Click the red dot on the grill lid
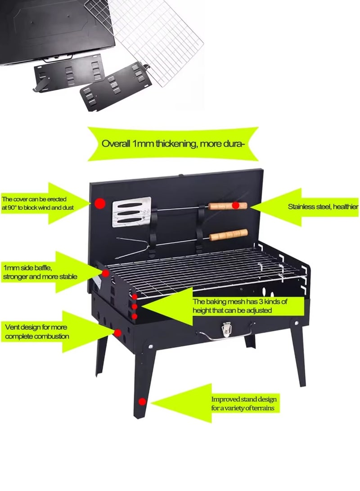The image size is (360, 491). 100,204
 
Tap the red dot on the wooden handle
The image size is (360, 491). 236,205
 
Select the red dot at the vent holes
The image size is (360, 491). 117,333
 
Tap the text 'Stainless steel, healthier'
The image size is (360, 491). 322,207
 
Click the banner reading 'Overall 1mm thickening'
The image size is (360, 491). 173,144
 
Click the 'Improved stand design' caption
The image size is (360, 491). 244,404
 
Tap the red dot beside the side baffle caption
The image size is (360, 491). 105,273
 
